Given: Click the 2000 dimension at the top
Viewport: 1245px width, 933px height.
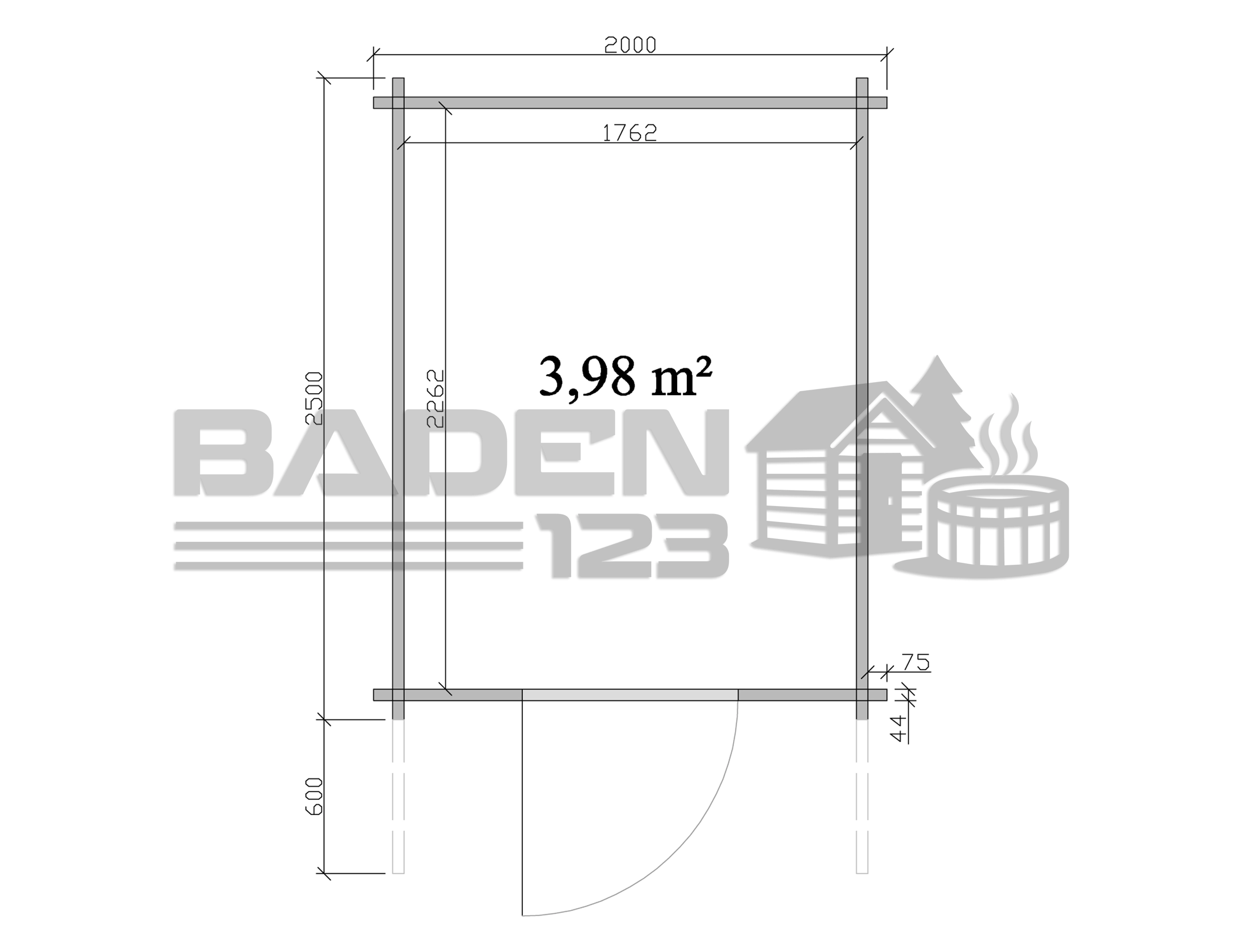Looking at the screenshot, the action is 630,44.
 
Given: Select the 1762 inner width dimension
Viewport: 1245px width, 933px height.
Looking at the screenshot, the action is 629,133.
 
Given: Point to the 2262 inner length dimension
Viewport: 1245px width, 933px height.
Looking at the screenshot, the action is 436,398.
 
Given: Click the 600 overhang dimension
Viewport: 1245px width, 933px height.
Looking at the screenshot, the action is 314,796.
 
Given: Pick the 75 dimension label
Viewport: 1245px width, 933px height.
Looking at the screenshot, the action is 916,662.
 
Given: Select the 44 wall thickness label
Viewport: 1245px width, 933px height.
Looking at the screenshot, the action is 899,728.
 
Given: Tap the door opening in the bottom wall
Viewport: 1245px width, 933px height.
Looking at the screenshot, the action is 630,695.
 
